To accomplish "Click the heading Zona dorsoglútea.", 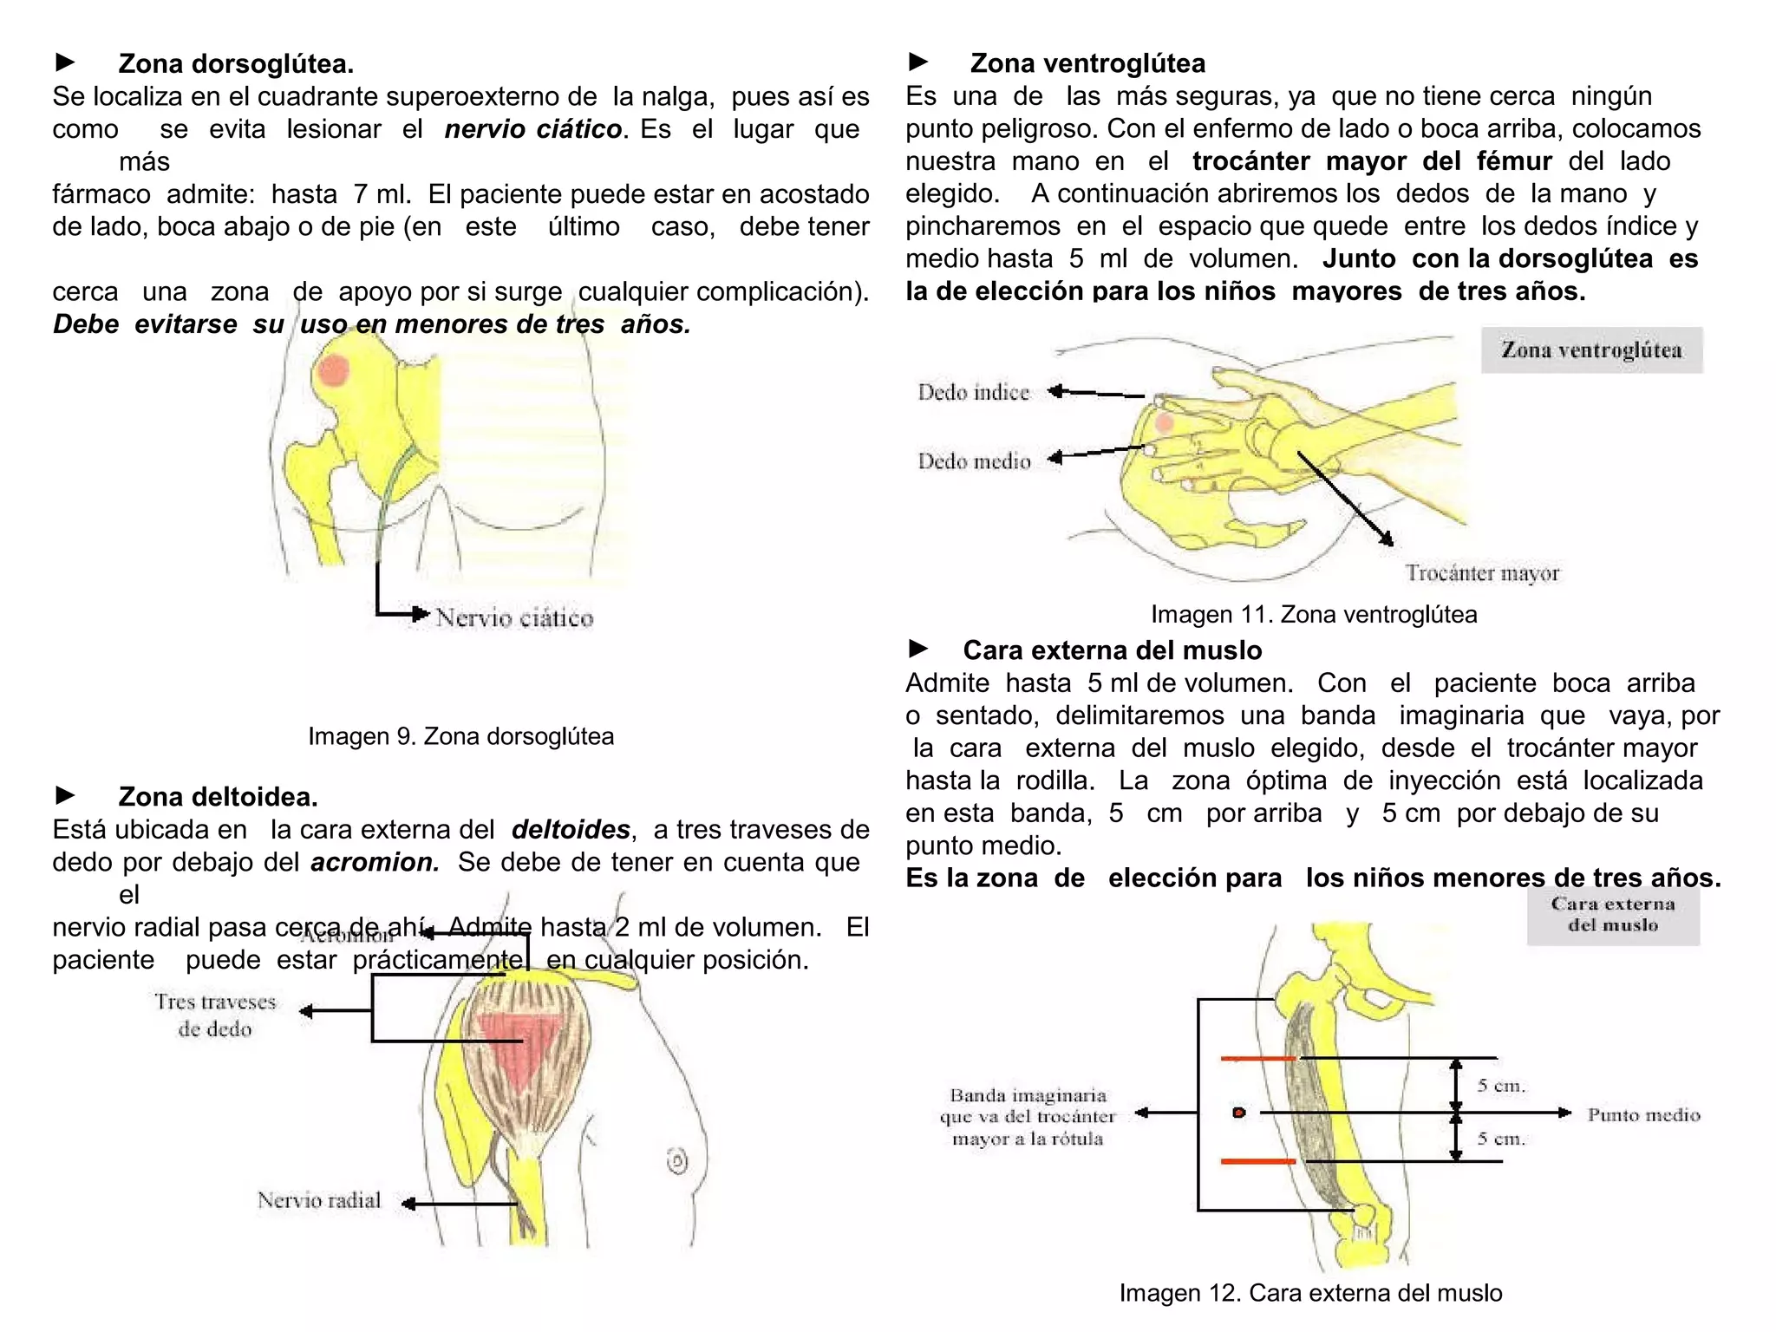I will coord(236,64).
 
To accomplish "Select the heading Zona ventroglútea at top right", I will coord(1087,63).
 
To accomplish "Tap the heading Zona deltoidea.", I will coord(218,796).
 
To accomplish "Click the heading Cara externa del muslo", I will coord(1112,650).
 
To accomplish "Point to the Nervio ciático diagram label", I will coord(514,617).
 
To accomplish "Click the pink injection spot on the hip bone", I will coord(333,371).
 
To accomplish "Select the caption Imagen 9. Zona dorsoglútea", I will coord(460,736).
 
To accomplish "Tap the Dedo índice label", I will coord(973,393).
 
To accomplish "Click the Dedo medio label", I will coord(974,461).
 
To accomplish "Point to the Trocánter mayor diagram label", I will coord(1482,573).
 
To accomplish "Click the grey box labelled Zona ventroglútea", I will coord(1591,350).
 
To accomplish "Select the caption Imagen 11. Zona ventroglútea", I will coord(1313,614).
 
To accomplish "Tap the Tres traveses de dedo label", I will coord(215,1015).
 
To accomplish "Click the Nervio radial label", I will coord(319,1200).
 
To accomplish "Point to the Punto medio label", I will coord(1643,1115).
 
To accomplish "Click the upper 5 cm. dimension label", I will coord(1501,1086).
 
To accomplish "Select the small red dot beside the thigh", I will coord(1239,1113).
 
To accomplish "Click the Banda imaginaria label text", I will coord(1028,1117).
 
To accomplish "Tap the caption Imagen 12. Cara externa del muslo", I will coord(1310,1293).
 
